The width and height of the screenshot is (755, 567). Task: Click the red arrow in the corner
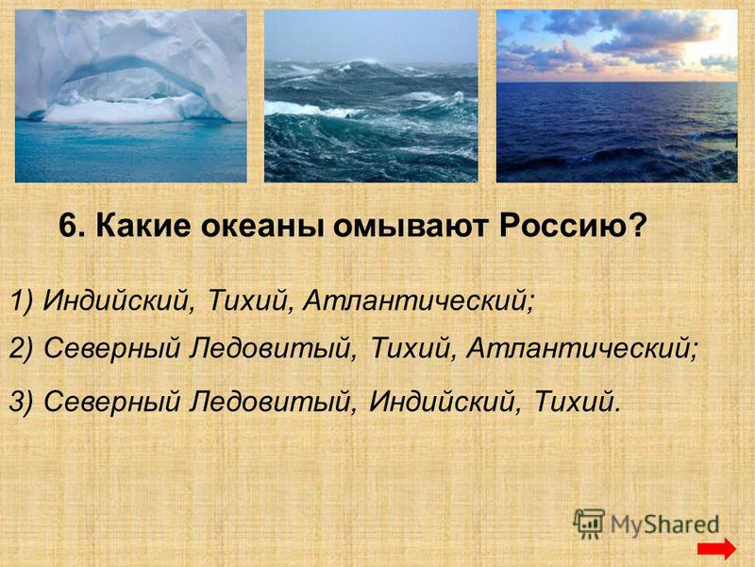pyautogui.click(x=716, y=549)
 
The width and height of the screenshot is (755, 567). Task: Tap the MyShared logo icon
pyautogui.click(x=589, y=524)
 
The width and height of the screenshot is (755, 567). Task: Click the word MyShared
pyautogui.click(x=665, y=524)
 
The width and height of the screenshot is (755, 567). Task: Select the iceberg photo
pyautogui.click(x=131, y=96)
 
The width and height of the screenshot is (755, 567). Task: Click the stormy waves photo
pyautogui.click(x=371, y=96)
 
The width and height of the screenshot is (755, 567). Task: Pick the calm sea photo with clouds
pyautogui.click(x=617, y=96)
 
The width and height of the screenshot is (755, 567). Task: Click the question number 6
pyautogui.click(x=72, y=226)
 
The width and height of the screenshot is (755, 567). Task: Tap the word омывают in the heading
pyautogui.click(x=411, y=227)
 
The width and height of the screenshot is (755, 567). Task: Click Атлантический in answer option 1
pyautogui.click(x=419, y=301)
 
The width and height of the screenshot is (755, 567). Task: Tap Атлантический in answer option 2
pyautogui.click(x=581, y=348)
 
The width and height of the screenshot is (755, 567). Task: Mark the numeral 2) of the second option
pyautogui.click(x=21, y=348)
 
